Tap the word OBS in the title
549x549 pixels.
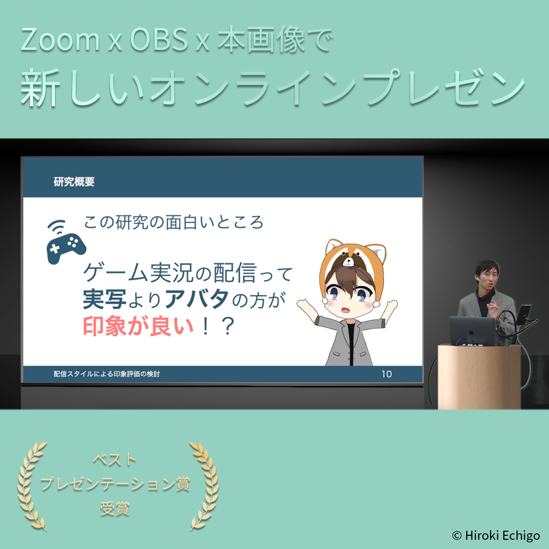coord(159,39)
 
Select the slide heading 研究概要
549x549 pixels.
coord(74,181)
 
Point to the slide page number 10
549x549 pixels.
coord(386,374)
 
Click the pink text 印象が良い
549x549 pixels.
coord(138,326)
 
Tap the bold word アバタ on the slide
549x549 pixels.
coord(196,299)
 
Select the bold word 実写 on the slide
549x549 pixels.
coord(104,299)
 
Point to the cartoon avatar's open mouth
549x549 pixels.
coord(345,310)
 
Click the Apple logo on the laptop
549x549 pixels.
coord(471,331)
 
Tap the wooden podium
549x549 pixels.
coord(479,377)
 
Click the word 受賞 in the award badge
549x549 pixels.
coord(115,508)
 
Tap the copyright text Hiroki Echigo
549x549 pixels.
coord(502,535)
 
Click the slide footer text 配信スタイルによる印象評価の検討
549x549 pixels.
coord(107,374)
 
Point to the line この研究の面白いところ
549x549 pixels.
coord(173,222)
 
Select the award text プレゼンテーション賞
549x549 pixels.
coord(115,484)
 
